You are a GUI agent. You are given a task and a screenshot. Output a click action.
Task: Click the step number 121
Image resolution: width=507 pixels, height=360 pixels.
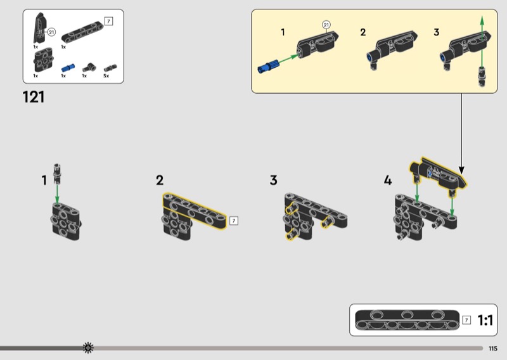34,97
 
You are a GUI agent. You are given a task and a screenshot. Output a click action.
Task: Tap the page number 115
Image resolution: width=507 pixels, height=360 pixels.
493,349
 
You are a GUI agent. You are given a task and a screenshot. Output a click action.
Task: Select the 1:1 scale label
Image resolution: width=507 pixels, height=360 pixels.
485,320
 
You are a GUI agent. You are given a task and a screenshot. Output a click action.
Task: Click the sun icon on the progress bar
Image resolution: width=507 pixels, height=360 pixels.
88,348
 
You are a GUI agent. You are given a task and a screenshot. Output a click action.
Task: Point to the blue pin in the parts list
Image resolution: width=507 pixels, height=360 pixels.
68,68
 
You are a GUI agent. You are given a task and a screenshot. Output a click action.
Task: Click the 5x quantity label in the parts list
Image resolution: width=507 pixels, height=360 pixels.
106,75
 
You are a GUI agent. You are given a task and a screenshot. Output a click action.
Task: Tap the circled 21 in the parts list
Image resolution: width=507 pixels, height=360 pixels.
51,32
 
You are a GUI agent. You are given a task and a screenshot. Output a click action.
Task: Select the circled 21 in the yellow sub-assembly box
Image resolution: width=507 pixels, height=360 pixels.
326,25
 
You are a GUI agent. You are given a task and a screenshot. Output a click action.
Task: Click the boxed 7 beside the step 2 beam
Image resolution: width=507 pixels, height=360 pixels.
233,221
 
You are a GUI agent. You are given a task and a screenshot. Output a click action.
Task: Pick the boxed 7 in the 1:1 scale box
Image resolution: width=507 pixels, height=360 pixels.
466,320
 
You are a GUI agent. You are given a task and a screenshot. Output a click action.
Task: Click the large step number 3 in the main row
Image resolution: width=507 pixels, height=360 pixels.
274,180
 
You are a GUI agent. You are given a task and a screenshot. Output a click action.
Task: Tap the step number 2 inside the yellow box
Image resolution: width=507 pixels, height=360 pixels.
363,32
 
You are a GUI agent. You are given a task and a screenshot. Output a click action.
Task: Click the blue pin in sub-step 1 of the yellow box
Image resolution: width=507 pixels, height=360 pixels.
268,67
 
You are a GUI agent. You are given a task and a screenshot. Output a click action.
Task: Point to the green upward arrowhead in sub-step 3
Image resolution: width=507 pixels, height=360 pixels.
482,20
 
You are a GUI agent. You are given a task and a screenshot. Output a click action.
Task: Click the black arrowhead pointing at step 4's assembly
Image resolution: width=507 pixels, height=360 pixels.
461,170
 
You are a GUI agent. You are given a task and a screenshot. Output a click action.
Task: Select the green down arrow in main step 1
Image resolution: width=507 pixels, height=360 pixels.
57,194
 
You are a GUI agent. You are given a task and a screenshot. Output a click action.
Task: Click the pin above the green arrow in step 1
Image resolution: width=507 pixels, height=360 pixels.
57,174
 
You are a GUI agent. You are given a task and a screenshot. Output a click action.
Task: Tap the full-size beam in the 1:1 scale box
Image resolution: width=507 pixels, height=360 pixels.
407,319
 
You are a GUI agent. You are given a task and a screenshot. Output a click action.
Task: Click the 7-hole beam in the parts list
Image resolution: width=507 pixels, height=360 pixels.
82,32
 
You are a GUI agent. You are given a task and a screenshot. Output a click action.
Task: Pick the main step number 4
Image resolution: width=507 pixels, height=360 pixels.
388,180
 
